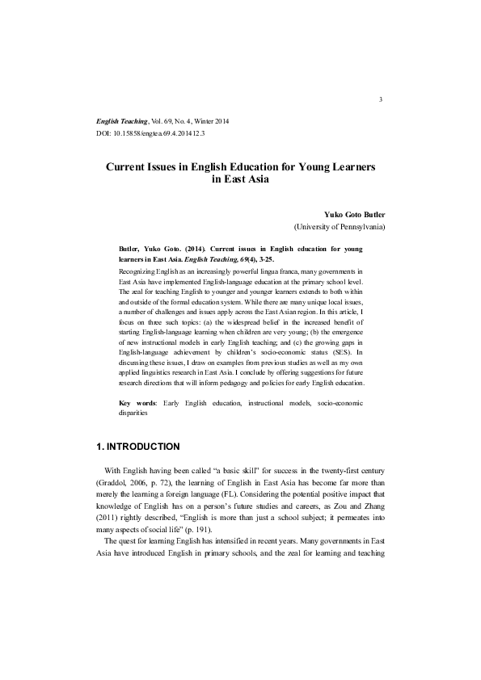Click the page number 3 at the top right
pos(379,99)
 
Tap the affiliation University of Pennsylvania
pos(339,227)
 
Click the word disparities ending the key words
pos(133,411)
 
